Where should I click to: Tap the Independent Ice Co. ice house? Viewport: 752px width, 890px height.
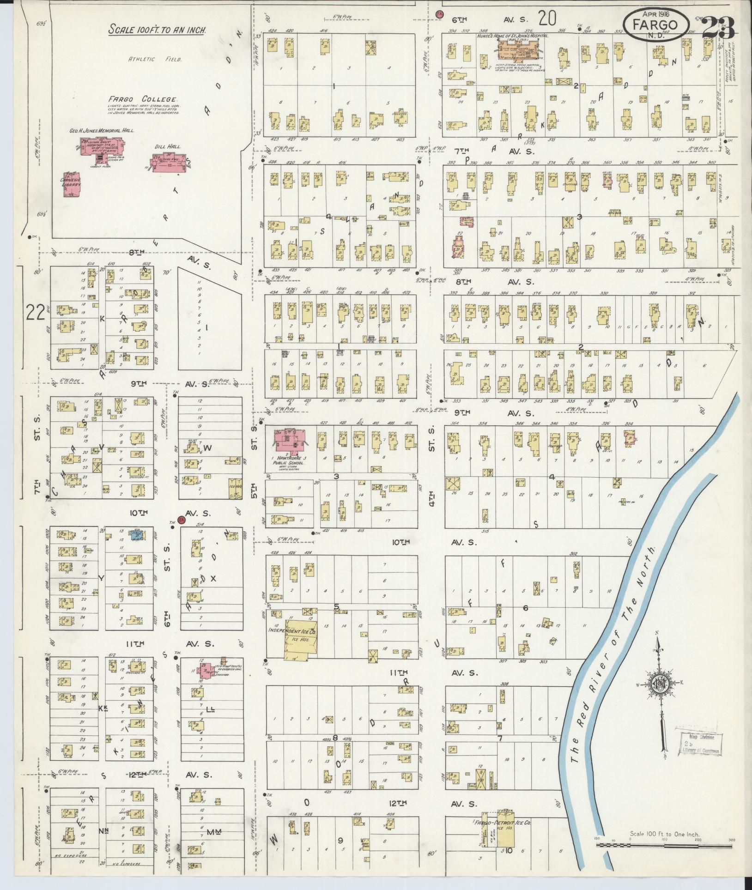[300, 635]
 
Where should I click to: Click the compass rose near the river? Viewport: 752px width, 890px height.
[661, 685]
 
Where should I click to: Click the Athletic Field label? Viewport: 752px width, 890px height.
[155, 59]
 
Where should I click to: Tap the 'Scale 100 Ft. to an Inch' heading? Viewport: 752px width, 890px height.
[157, 30]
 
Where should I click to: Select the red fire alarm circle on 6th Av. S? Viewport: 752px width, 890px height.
[440, 14]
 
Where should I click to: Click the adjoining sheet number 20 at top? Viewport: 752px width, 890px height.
[547, 18]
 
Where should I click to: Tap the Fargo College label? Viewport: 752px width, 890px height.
[143, 99]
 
